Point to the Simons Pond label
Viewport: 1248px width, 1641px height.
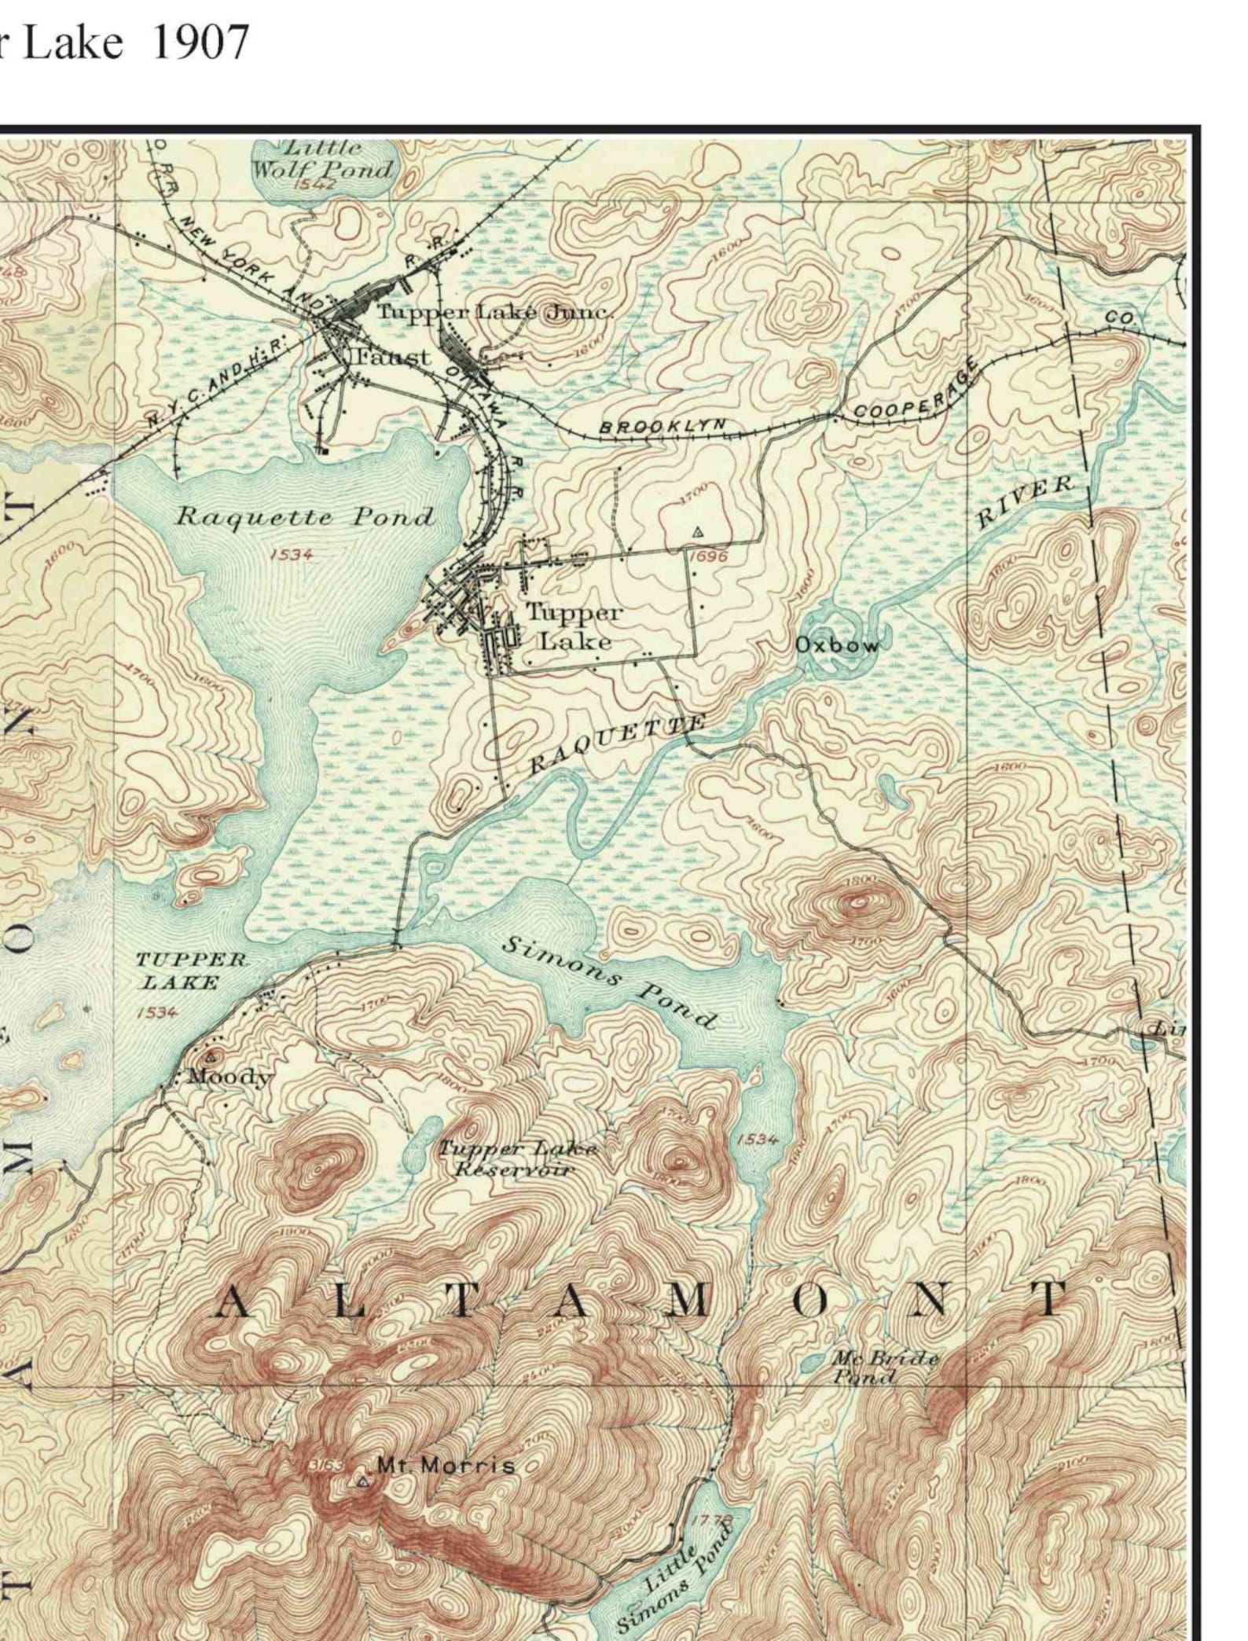(609, 982)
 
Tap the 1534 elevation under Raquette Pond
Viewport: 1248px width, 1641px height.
(292, 555)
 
